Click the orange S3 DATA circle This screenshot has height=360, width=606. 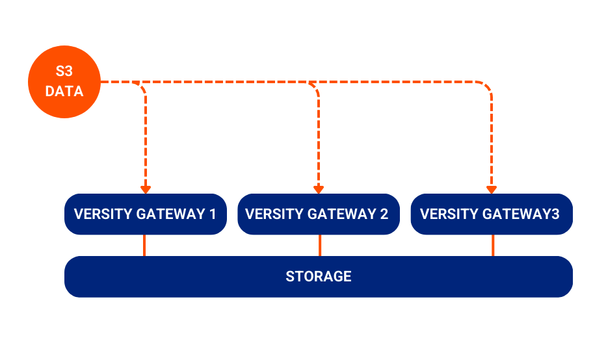pos(64,82)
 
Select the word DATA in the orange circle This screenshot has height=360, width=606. pos(64,92)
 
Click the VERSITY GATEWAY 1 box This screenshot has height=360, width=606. pos(145,214)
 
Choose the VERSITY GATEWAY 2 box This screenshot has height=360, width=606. pos(318,214)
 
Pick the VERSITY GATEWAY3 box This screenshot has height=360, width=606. pos(491,214)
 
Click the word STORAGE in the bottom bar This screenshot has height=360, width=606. pos(318,276)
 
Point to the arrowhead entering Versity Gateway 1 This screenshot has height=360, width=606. pos(145,190)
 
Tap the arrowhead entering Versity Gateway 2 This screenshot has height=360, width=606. pos(318,190)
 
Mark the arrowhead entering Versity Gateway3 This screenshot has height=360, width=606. pos(491,190)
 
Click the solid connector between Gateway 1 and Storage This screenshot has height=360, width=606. pos(144,245)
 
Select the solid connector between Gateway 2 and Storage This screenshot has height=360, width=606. pos(319,245)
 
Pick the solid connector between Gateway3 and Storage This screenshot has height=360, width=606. pos(492,245)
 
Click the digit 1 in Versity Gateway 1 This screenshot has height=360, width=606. pos(213,214)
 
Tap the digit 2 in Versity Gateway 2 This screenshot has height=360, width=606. pos(384,214)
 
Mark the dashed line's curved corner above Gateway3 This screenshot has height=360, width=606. pos(487,86)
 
